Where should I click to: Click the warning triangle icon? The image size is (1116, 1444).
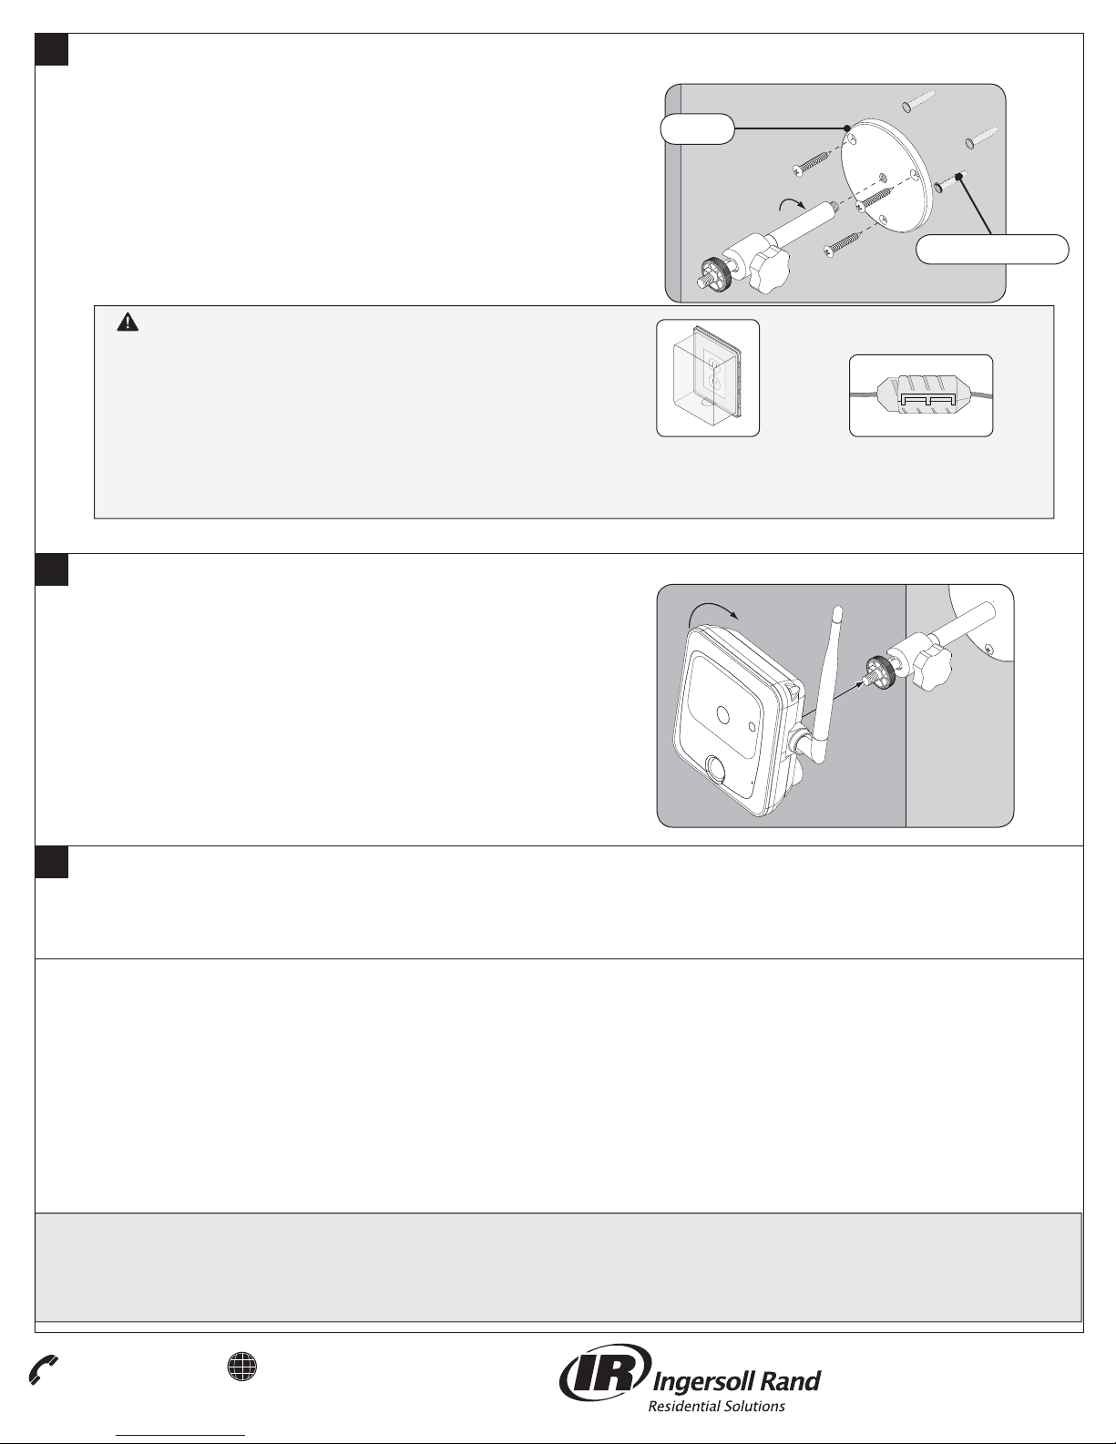[x=128, y=323]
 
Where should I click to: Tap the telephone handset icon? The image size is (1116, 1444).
[x=43, y=1370]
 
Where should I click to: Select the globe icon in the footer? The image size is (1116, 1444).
[x=242, y=1367]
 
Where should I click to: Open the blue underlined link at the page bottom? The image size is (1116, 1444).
[x=180, y=1436]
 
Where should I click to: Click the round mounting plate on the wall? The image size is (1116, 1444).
[x=885, y=175]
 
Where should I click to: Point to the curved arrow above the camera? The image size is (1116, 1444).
[x=712, y=609]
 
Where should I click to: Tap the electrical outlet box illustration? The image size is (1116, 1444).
[x=708, y=378]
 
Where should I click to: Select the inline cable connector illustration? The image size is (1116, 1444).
[x=921, y=396]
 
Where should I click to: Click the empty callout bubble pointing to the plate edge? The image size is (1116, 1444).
[x=697, y=129]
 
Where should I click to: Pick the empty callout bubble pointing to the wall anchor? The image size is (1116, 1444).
[x=992, y=250]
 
